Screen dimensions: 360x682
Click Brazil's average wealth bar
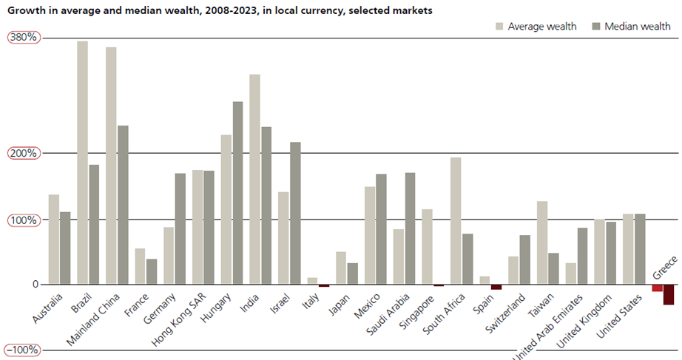point(82,163)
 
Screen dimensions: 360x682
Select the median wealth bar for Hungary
point(237,193)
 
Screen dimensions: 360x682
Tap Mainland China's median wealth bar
point(123,205)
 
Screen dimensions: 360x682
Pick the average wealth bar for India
point(254,180)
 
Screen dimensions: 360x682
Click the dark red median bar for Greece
point(668,294)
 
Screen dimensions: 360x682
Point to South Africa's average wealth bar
point(456,221)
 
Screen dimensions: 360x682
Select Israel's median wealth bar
point(295,213)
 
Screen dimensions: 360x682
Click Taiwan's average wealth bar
point(542,242)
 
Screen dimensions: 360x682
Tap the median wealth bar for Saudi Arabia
point(410,228)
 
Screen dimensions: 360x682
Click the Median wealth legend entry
point(631,27)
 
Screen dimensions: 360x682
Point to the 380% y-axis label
point(22,37)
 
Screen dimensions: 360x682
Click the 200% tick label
point(22,154)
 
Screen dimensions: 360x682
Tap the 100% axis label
point(22,220)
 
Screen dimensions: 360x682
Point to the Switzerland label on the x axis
point(507,315)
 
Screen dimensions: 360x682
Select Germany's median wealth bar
point(180,229)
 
